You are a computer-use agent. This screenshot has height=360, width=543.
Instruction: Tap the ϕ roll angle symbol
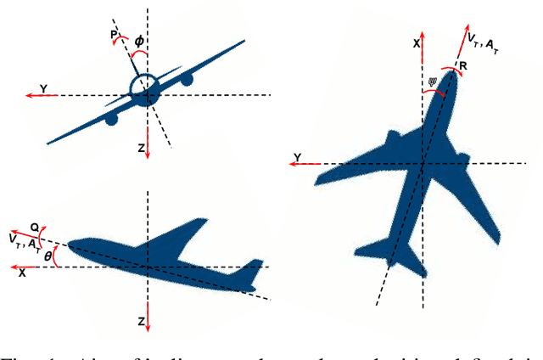(x=140, y=39)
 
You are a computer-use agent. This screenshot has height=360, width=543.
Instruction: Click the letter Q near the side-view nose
(x=35, y=228)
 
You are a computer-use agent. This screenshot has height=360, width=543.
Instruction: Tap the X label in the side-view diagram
(x=22, y=274)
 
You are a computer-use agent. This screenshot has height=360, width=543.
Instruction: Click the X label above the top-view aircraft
(x=415, y=42)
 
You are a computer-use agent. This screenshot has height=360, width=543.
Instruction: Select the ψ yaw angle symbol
(x=433, y=82)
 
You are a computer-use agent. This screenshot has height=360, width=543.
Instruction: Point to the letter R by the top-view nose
(x=462, y=65)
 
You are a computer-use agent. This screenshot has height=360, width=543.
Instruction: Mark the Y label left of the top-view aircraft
(x=298, y=156)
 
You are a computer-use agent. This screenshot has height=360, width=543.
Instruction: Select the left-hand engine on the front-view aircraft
(x=110, y=120)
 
